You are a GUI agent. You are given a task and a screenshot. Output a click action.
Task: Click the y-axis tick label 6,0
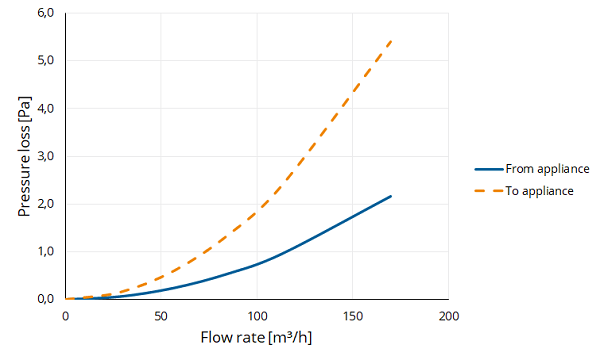[46, 13]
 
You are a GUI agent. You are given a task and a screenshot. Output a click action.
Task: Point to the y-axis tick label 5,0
[46, 60]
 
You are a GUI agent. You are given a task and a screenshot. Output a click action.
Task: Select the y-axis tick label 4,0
[46, 108]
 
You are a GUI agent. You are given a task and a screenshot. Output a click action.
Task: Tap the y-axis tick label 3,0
[46, 156]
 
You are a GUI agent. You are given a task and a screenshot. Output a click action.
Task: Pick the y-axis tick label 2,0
[46, 204]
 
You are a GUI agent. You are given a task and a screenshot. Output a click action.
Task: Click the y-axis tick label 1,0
[46, 251]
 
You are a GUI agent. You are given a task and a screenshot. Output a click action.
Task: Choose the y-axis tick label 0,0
[46, 299]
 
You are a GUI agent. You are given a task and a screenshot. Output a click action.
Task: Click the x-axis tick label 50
[161, 316]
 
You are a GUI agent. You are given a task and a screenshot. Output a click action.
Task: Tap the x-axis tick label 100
[257, 316]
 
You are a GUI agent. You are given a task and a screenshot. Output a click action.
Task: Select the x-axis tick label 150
[353, 316]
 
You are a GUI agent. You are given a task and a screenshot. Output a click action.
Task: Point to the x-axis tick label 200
[448, 316]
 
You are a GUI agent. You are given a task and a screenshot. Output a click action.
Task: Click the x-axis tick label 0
[65, 316]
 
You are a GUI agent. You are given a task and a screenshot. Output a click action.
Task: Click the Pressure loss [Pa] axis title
[24, 156]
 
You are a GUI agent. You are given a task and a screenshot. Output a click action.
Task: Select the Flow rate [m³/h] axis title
[256, 337]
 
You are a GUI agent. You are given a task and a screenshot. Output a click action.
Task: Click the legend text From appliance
[547, 169]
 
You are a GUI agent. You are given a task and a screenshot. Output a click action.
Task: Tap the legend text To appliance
[540, 191]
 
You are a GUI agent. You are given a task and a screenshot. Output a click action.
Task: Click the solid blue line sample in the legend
[489, 169]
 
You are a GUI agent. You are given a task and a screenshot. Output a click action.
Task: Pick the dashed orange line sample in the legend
[489, 191]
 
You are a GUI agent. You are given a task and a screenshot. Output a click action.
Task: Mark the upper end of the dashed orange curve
[391, 41]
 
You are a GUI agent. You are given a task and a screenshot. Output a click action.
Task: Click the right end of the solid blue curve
[391, 196]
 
